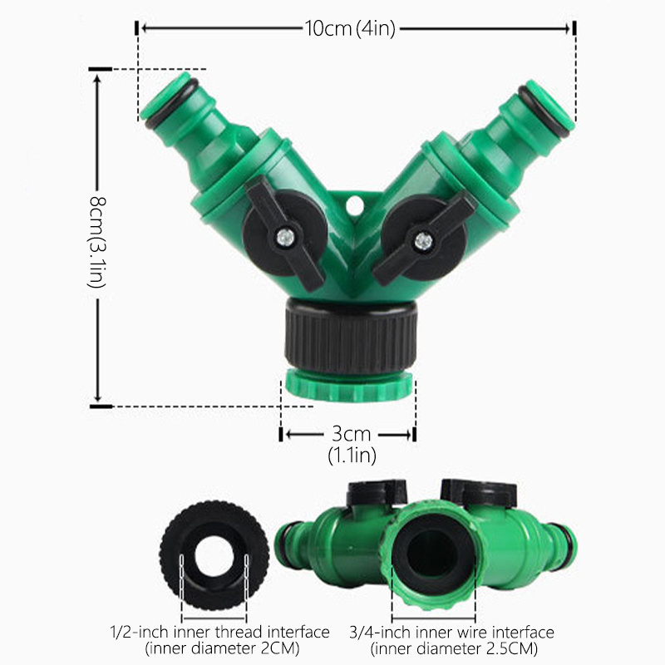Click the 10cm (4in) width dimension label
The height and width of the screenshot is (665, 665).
click(349, 28)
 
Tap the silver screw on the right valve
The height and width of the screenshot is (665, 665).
click(423, 242)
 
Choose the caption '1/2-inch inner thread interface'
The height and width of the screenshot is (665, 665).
click(220, 633)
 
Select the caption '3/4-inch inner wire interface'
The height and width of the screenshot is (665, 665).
click(465, 633)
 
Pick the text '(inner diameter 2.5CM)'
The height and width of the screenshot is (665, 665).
click(456, 648)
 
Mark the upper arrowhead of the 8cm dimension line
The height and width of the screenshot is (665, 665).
click(97, 77)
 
